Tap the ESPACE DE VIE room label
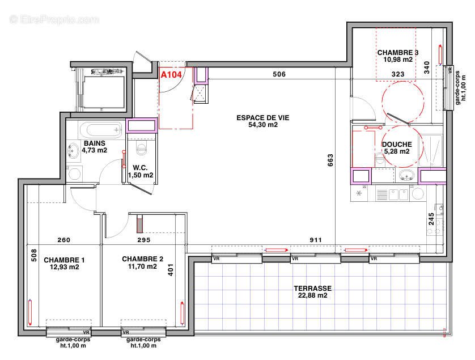coord(257,118)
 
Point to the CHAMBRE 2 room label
coord(142,259)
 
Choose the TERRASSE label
coord(312,288)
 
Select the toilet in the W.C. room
coord(142,149)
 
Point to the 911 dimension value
coord(315,240)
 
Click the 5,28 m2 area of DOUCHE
coord(397,151)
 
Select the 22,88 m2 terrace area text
coord(311,295)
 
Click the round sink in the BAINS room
coord(74,151)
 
